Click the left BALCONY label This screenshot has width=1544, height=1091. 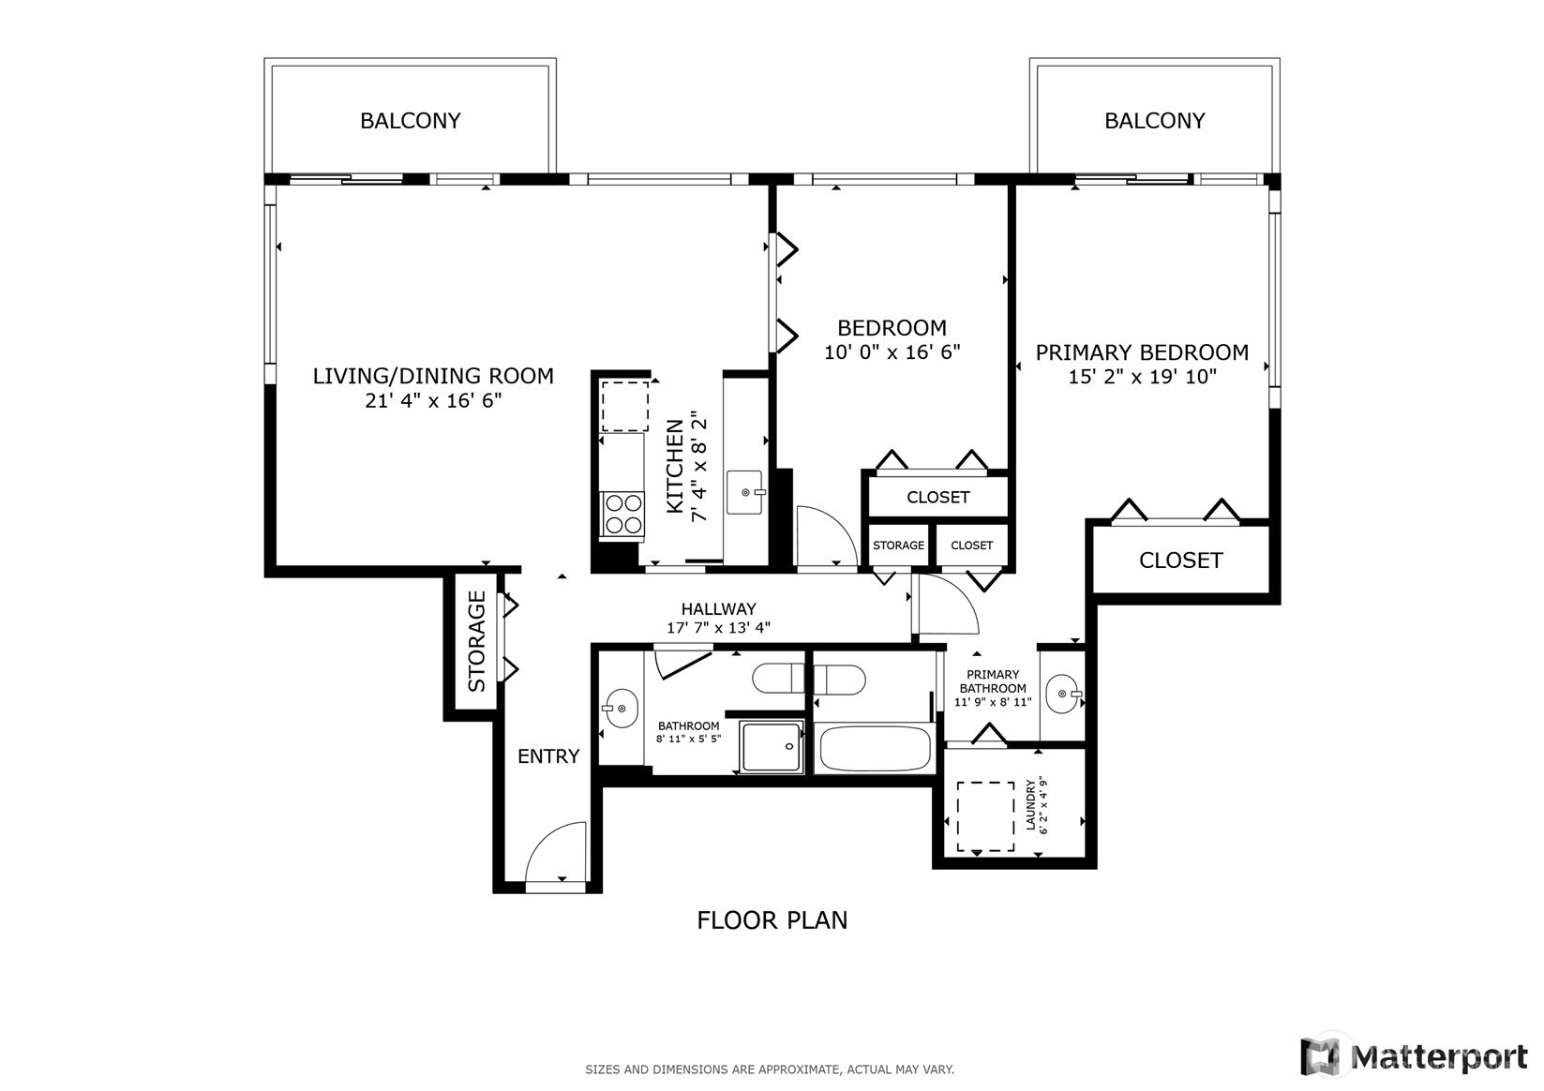(411, 121)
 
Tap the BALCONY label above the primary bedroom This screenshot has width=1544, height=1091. (1154, 121)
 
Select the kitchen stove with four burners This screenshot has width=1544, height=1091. (623, 515)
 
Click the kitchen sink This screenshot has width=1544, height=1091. (746, 491)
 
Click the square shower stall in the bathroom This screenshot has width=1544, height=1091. (772, 746)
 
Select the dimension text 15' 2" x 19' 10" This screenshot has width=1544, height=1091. (1142, 377)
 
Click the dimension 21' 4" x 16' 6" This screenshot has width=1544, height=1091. (433, 401)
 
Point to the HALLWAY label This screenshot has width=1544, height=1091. (718, 609)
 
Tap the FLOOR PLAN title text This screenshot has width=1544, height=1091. (772, 920)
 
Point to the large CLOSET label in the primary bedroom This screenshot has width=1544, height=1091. (1180, 560)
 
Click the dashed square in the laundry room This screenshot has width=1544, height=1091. (984, 816)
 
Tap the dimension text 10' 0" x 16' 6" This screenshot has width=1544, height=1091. (892, 352)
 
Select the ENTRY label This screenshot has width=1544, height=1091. (548, 756)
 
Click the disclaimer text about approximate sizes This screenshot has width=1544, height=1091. (770, 1069)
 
